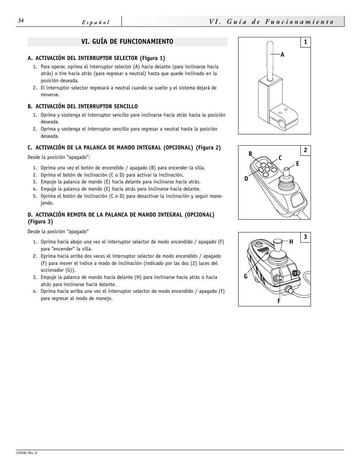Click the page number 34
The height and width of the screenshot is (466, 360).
pyautogui.click(x=20, y=21)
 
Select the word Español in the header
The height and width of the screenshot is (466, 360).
pyautogui.click(x=96, y=22)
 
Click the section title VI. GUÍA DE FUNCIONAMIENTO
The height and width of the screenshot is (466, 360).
pyautogui.click(x=127, y=42)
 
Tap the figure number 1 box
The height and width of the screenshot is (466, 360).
pyautogui.click(x=305, y=42)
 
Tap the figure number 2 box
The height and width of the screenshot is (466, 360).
pyautogui.click(x=305, y=150)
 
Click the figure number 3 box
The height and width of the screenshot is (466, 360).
pyautogui.click(x=305, y=237)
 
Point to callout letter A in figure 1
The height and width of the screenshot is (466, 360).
pyautogui.click(x=282, y=55)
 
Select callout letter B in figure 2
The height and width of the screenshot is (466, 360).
pyautogui.click(x=250, y=154)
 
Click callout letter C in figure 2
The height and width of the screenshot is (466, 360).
pyautogui.click(x=280, y=158)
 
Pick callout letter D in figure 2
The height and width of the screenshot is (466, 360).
pyautogui.click(x=246, y=178)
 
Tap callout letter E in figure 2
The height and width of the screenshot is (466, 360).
pyautogui.click(x=297, y=163)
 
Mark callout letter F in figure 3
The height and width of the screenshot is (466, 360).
pyautogui.click(x=279, y=301)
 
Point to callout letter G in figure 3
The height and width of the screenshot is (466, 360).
pyautogui.click(x=246, y=277)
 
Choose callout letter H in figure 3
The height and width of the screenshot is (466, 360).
pyautogui.click(x=291, y=241)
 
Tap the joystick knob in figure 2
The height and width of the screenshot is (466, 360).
pyautogui.click(x=286, y=173)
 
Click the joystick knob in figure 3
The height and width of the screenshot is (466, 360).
pyautogui.click(x=278, y=243)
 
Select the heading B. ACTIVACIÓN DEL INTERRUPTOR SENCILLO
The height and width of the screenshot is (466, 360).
pyautogui.click(x=83, y=106)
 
